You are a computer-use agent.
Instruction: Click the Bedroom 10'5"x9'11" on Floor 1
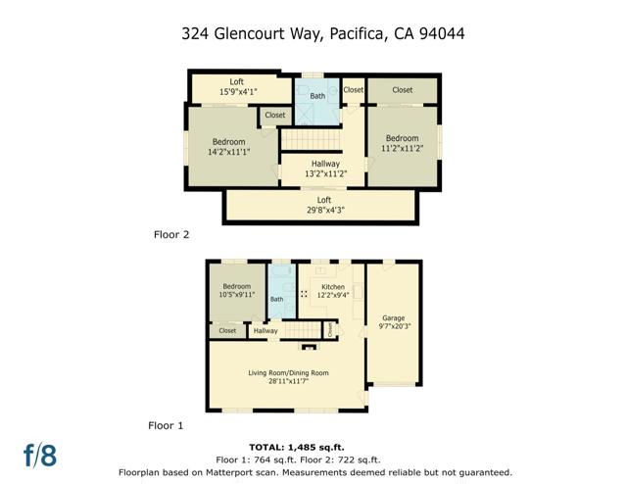click(x=236, y=290)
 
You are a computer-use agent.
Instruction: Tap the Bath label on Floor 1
click(x=276, y=300)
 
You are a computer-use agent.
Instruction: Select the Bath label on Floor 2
click(x=317, y=96)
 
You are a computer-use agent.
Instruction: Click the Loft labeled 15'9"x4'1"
click(x=236, y=86)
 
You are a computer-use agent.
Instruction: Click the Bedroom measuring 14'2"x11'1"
click(x=229, y=147)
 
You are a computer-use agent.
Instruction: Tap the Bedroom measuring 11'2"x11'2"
click(x=402, y=143)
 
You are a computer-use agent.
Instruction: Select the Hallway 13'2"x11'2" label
click(x=325, y=169)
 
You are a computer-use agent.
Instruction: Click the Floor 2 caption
click(x=171, y=234)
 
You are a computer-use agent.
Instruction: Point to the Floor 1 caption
click(x=166, y=426)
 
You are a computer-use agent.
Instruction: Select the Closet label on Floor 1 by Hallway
click(x=227, y=331)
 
